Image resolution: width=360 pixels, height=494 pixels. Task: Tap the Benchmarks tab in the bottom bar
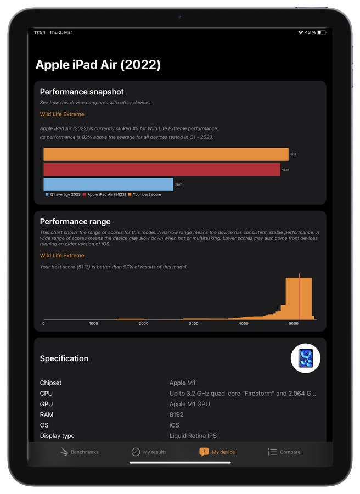pyautogui.click(x=80, y=452)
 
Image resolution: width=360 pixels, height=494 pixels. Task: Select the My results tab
pyautogui.click(x=149, y=452)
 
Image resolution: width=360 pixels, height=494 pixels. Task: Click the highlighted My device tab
pyautogui.click(x=217, y=452)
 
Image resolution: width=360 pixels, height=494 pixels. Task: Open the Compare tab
pyautogui.click(x=284, y=452)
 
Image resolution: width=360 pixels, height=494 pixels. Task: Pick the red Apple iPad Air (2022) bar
pyautogui.click(x=162, y=170)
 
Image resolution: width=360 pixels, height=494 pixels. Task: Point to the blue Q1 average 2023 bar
pyautogui.click(x=108, y=184)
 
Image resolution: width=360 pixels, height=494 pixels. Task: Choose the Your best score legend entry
pyautogui.click(x=145, y=194)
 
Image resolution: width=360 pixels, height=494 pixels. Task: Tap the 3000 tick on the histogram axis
pyautogui.click(x=193, y=324)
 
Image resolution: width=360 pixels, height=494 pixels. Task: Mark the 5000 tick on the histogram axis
pyautogui.click(x=294, y=324)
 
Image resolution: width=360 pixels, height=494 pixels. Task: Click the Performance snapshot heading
pyautogui.click(x=82, y=92)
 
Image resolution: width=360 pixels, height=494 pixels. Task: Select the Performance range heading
pyautogui.click(x=75, y=222)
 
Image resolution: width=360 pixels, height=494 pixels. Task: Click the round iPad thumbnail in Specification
pyautogui.click(x=305, y=358)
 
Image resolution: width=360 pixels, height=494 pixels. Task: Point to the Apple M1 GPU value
pyautogui.click(x=189, y=404)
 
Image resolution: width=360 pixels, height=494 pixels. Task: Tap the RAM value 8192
pyautogui.click(x=177, y=414)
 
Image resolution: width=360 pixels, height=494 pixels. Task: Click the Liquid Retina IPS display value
pyautogui.click(x=193, y=436)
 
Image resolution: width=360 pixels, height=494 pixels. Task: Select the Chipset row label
pyautogui.click(x=50, y=383)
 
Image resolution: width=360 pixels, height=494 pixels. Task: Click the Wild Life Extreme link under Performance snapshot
pyautogui.click(x=62, y=114)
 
